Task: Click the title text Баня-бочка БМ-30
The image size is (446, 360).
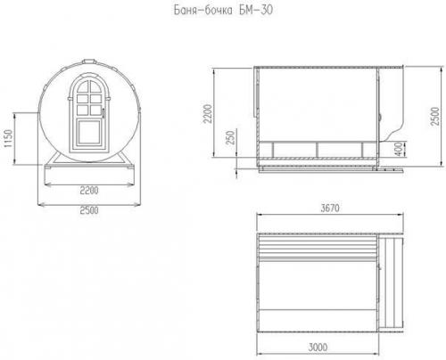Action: [x=223, y=11]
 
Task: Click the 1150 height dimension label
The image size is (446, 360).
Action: [x=8, y=138]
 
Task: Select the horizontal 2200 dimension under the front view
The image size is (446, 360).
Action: [x=89, y=190]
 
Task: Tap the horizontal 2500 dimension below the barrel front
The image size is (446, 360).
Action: [x=89, y=210]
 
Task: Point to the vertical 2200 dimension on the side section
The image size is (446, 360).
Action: [x=207, y=113]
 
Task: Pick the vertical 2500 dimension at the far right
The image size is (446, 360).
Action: [x=434, y=116]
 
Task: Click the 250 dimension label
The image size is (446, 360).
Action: [x=230, y=137]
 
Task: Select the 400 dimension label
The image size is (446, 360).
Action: [x=401, y=149]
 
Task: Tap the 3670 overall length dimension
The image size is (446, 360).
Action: [x=330, y=208]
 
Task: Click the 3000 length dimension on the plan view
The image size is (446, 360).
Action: [x=318, y=347]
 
